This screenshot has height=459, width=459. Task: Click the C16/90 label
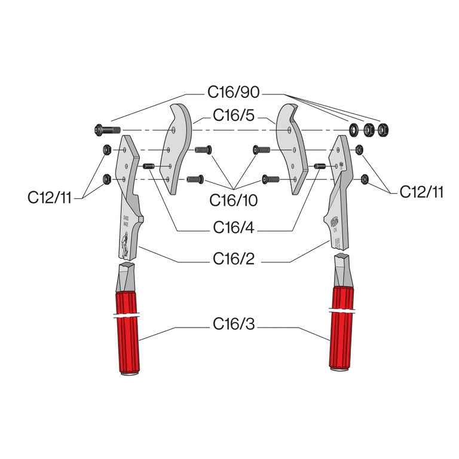233,93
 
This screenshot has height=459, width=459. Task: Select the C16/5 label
234,117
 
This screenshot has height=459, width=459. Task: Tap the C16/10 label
234,201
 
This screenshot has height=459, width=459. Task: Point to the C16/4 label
233,228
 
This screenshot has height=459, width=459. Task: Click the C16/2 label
234,259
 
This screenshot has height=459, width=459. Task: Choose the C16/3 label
234,324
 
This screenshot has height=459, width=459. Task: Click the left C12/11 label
50,197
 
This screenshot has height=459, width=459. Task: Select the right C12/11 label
421,192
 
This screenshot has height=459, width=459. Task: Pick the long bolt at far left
108,130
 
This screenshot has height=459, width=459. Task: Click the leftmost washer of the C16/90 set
354,128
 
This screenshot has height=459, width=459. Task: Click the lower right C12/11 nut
362,178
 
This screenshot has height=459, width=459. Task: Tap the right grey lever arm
337,191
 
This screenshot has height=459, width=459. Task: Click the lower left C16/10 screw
195,178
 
